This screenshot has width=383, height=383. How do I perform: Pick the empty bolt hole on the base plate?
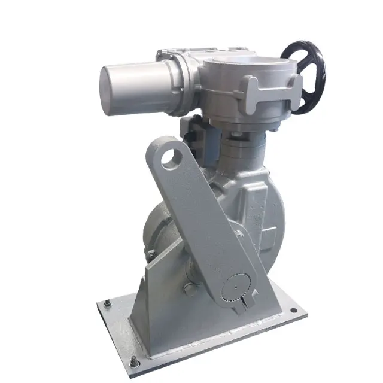(x=294, y=311)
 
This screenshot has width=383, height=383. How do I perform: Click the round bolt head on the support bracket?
(x=190, y=291)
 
